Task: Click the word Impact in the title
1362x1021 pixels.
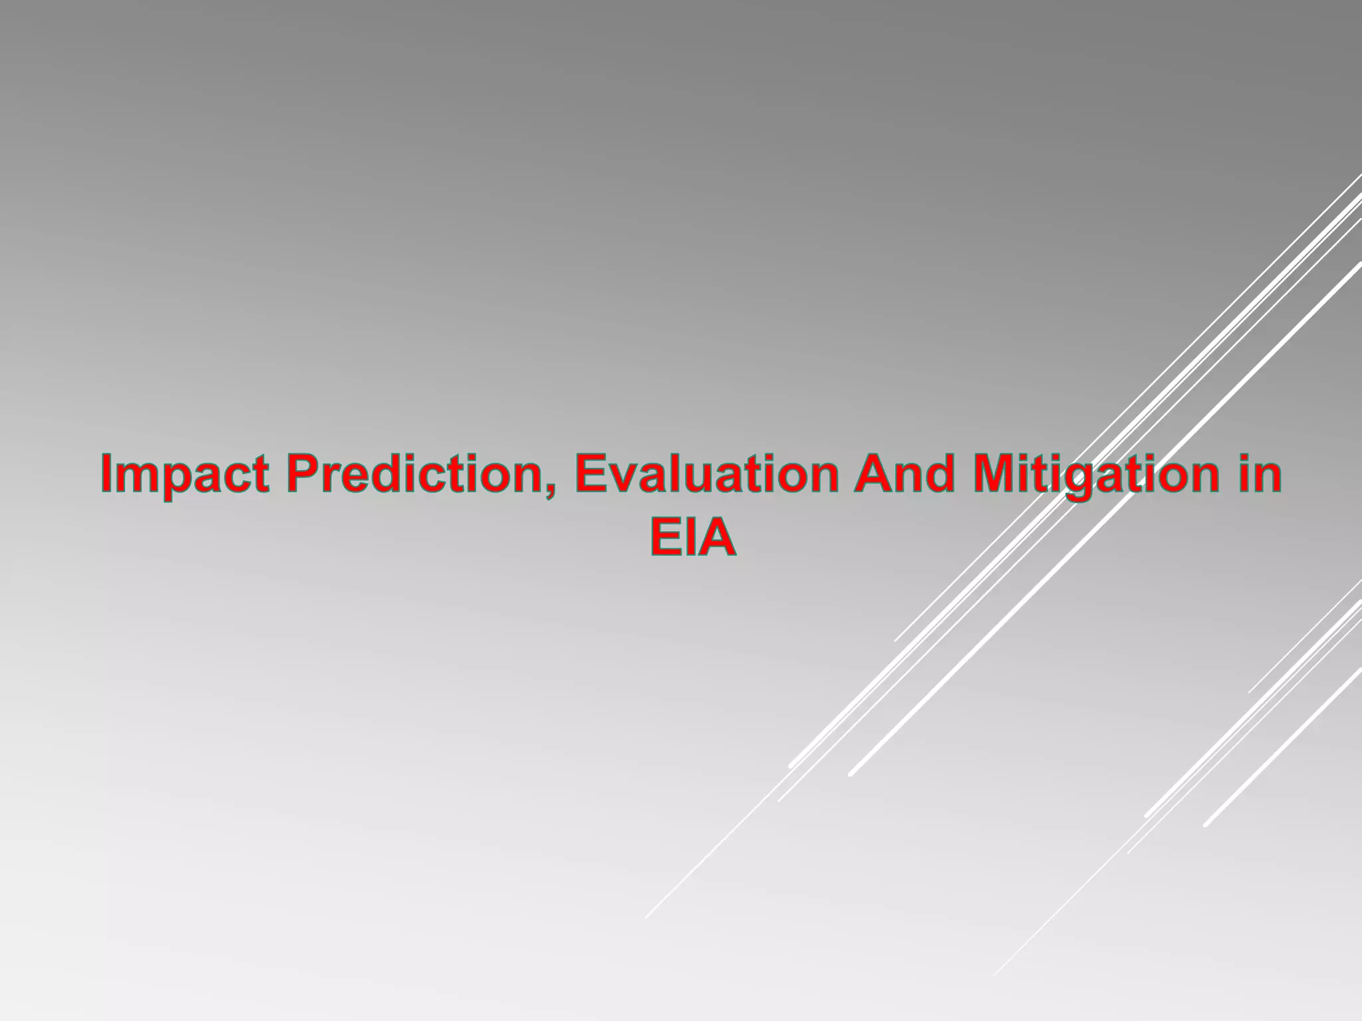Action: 186,475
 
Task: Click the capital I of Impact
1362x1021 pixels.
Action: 108,475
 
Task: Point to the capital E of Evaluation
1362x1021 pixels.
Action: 591,475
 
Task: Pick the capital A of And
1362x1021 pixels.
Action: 873,475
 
